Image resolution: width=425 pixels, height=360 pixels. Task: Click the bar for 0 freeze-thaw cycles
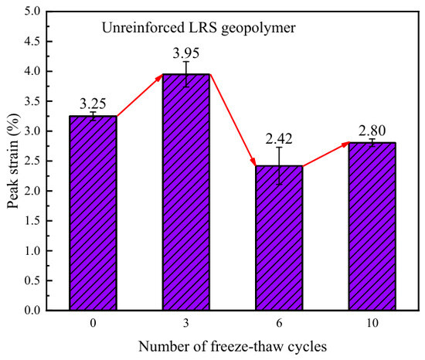(93, 213)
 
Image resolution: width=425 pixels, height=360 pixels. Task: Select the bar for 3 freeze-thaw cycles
(186, 192)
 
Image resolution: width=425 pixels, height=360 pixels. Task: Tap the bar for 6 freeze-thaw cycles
(279, 238)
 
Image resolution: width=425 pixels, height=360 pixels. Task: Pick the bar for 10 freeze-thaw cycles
(372, 226)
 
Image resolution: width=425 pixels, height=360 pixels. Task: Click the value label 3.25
(93, 104)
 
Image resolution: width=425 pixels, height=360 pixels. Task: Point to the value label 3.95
(186, 53)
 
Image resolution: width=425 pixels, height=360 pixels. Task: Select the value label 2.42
(279, 139)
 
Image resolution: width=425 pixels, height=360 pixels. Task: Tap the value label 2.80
(372, 131)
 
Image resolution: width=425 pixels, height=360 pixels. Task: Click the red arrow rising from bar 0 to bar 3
(140, 96)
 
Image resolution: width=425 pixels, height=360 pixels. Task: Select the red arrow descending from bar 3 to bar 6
(233, 120)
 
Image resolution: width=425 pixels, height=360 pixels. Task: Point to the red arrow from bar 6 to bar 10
(326, 154)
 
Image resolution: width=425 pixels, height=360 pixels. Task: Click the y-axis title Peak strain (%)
(12, 161)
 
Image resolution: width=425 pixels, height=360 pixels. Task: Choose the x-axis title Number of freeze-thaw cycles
(233, 346)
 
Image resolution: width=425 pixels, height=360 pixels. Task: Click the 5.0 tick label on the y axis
(32, 12)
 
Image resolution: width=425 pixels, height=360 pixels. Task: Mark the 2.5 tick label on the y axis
(32, 161)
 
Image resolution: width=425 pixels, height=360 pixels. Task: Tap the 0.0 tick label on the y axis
(32, 310)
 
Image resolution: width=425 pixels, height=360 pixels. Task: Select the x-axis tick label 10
(372, 323)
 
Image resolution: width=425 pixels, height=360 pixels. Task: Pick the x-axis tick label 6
(279, 323)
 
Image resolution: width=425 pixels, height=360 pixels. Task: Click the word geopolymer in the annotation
(258, 29)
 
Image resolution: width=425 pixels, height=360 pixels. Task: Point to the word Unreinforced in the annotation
(143, 27)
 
